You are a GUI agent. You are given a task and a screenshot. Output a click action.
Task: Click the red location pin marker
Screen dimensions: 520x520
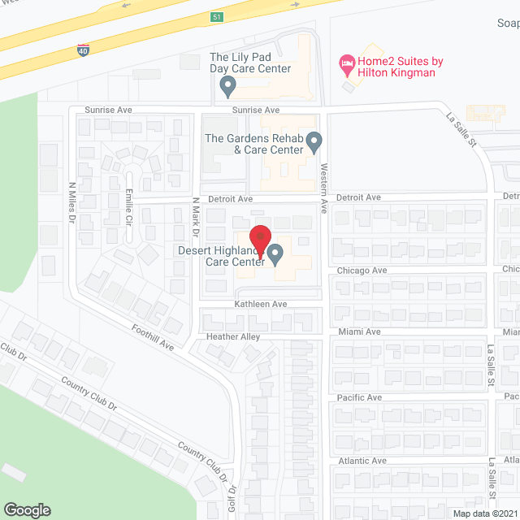tap(258, 236)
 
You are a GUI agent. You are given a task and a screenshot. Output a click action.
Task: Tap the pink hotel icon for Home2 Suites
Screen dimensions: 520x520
tap(344, 62)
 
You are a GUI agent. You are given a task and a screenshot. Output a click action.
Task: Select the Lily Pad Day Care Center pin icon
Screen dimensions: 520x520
tap(228, 84)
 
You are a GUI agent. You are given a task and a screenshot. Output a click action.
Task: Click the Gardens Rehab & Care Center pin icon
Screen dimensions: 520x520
tap(315, 144)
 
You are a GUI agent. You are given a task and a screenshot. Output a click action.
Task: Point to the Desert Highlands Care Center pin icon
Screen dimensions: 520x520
tap(275, 255)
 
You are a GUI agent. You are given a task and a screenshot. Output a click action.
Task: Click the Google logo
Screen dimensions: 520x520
tap(26, 509)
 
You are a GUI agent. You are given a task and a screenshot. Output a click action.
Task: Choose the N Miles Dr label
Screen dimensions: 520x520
tap(71, 202)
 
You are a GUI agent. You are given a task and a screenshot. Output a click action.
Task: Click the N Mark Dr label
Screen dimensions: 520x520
tap(195, 214)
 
